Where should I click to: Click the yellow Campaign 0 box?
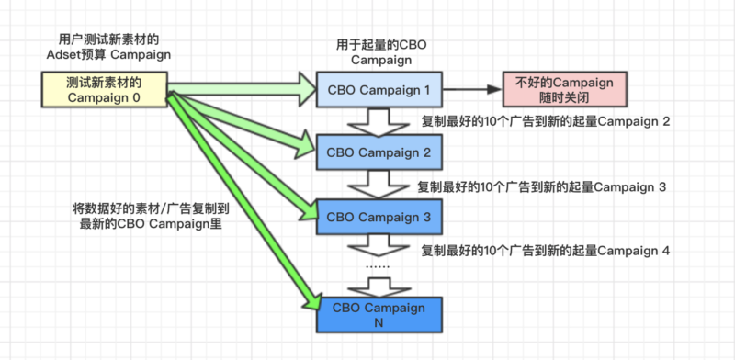tap(104, 89)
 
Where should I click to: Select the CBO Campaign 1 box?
tap(379, 90)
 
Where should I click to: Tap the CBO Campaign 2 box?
tap(379, 152)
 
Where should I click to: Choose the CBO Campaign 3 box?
tap(379, 217)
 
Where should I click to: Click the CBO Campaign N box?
tap(379, 315)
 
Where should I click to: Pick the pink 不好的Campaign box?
tap(565, 89)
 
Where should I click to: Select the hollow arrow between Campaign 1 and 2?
tap(379, 120)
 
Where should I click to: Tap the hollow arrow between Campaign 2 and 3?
tap(379, 185)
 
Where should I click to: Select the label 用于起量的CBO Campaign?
tap(379, 52)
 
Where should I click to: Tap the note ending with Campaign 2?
tap(545, 121)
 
